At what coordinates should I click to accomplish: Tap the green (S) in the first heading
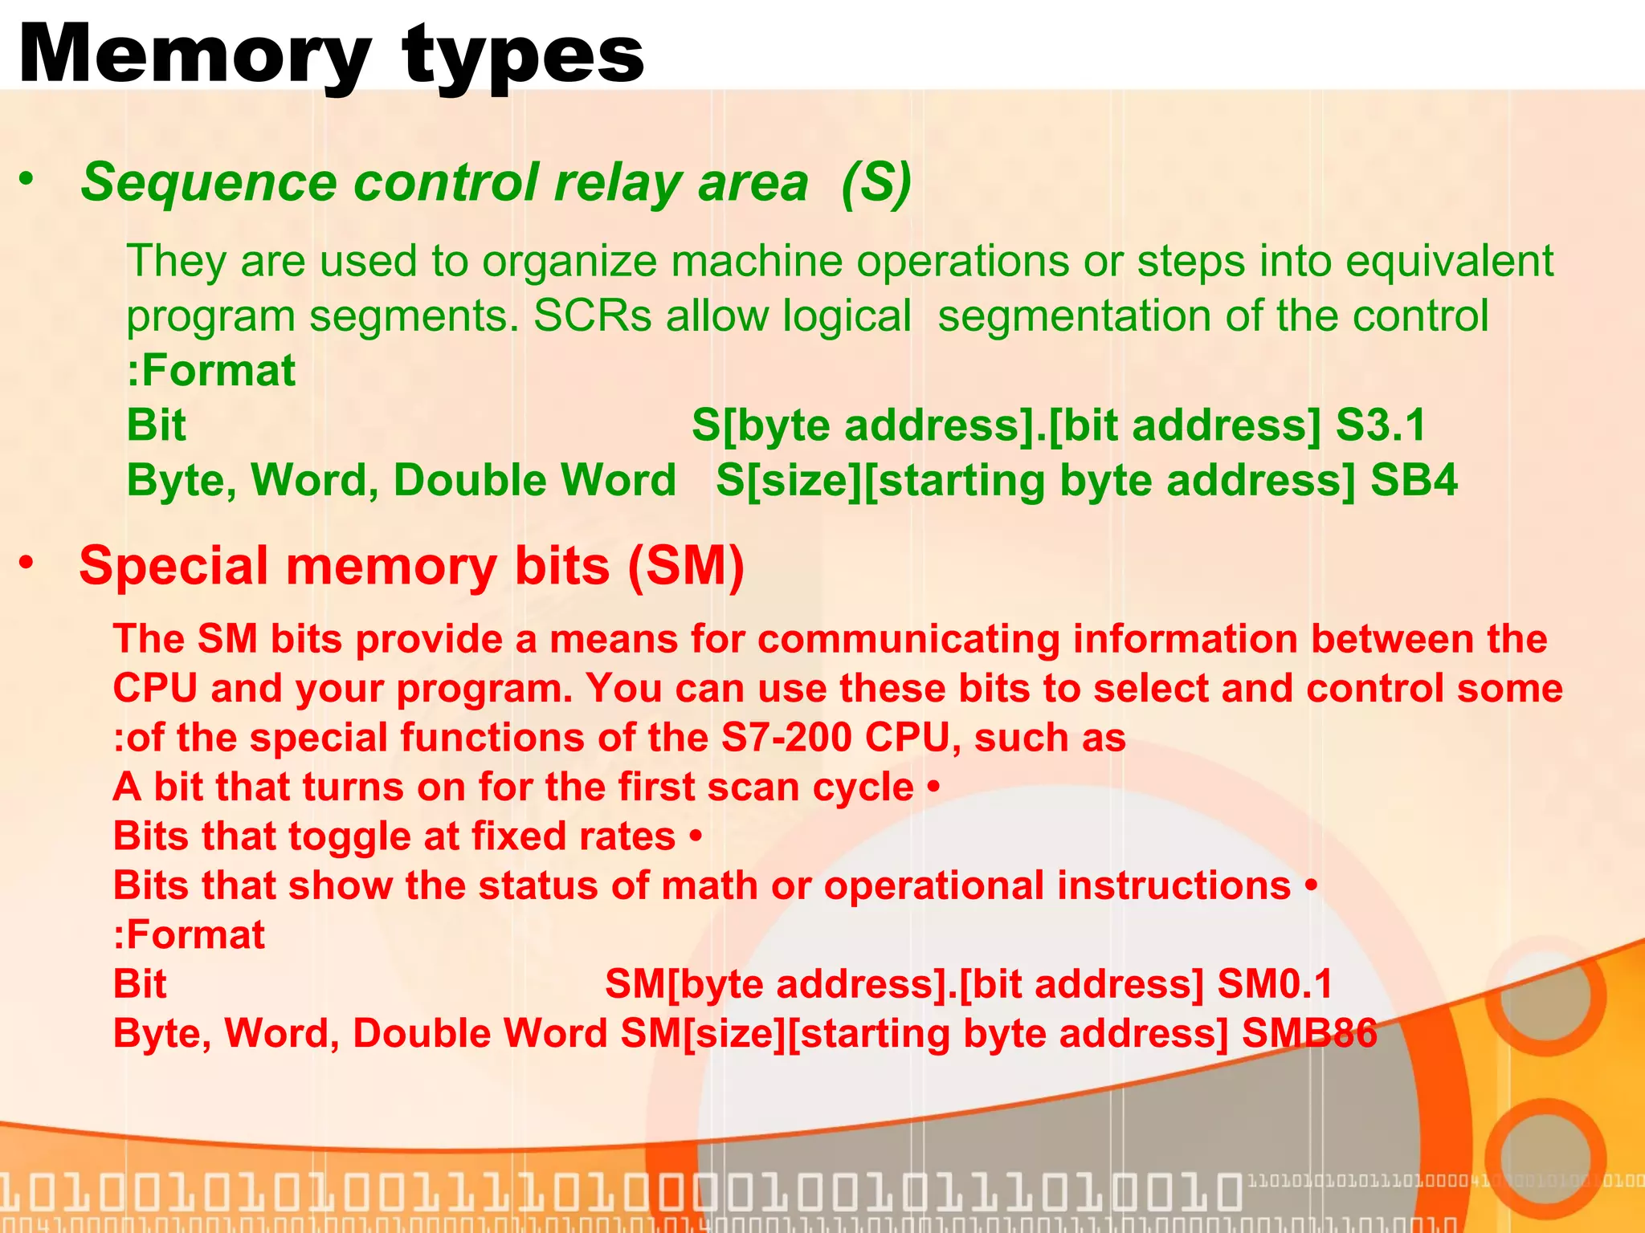pyautogui.click(x=876, y=183)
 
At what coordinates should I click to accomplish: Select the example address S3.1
pyautogui.click(x=1381, y=425)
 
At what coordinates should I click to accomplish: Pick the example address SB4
pyautogui.click(x=1414, y=480)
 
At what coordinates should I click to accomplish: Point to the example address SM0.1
pyautogui.click(x=1276, y=984)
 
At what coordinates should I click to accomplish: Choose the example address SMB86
pyautogui.click(x=1309, y=1033)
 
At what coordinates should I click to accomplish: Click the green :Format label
pyautogui.click(x=211, y=371)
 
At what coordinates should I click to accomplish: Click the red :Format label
pyautogui.click(x=189, y=935)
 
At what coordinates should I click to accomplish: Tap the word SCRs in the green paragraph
pyautogui.click(x=593, y=316)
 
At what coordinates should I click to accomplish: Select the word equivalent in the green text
pyautogui.click(x=1450, y=262)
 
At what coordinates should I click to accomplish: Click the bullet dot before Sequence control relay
pyautogui.click(x=27, y=180)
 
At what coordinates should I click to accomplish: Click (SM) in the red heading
pyautogui.click(x=686, y=566)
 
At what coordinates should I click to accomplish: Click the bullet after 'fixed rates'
pyautogui.click(x=696, y=836)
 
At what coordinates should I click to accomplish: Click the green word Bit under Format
pyautogui.click(x=157, y=425)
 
